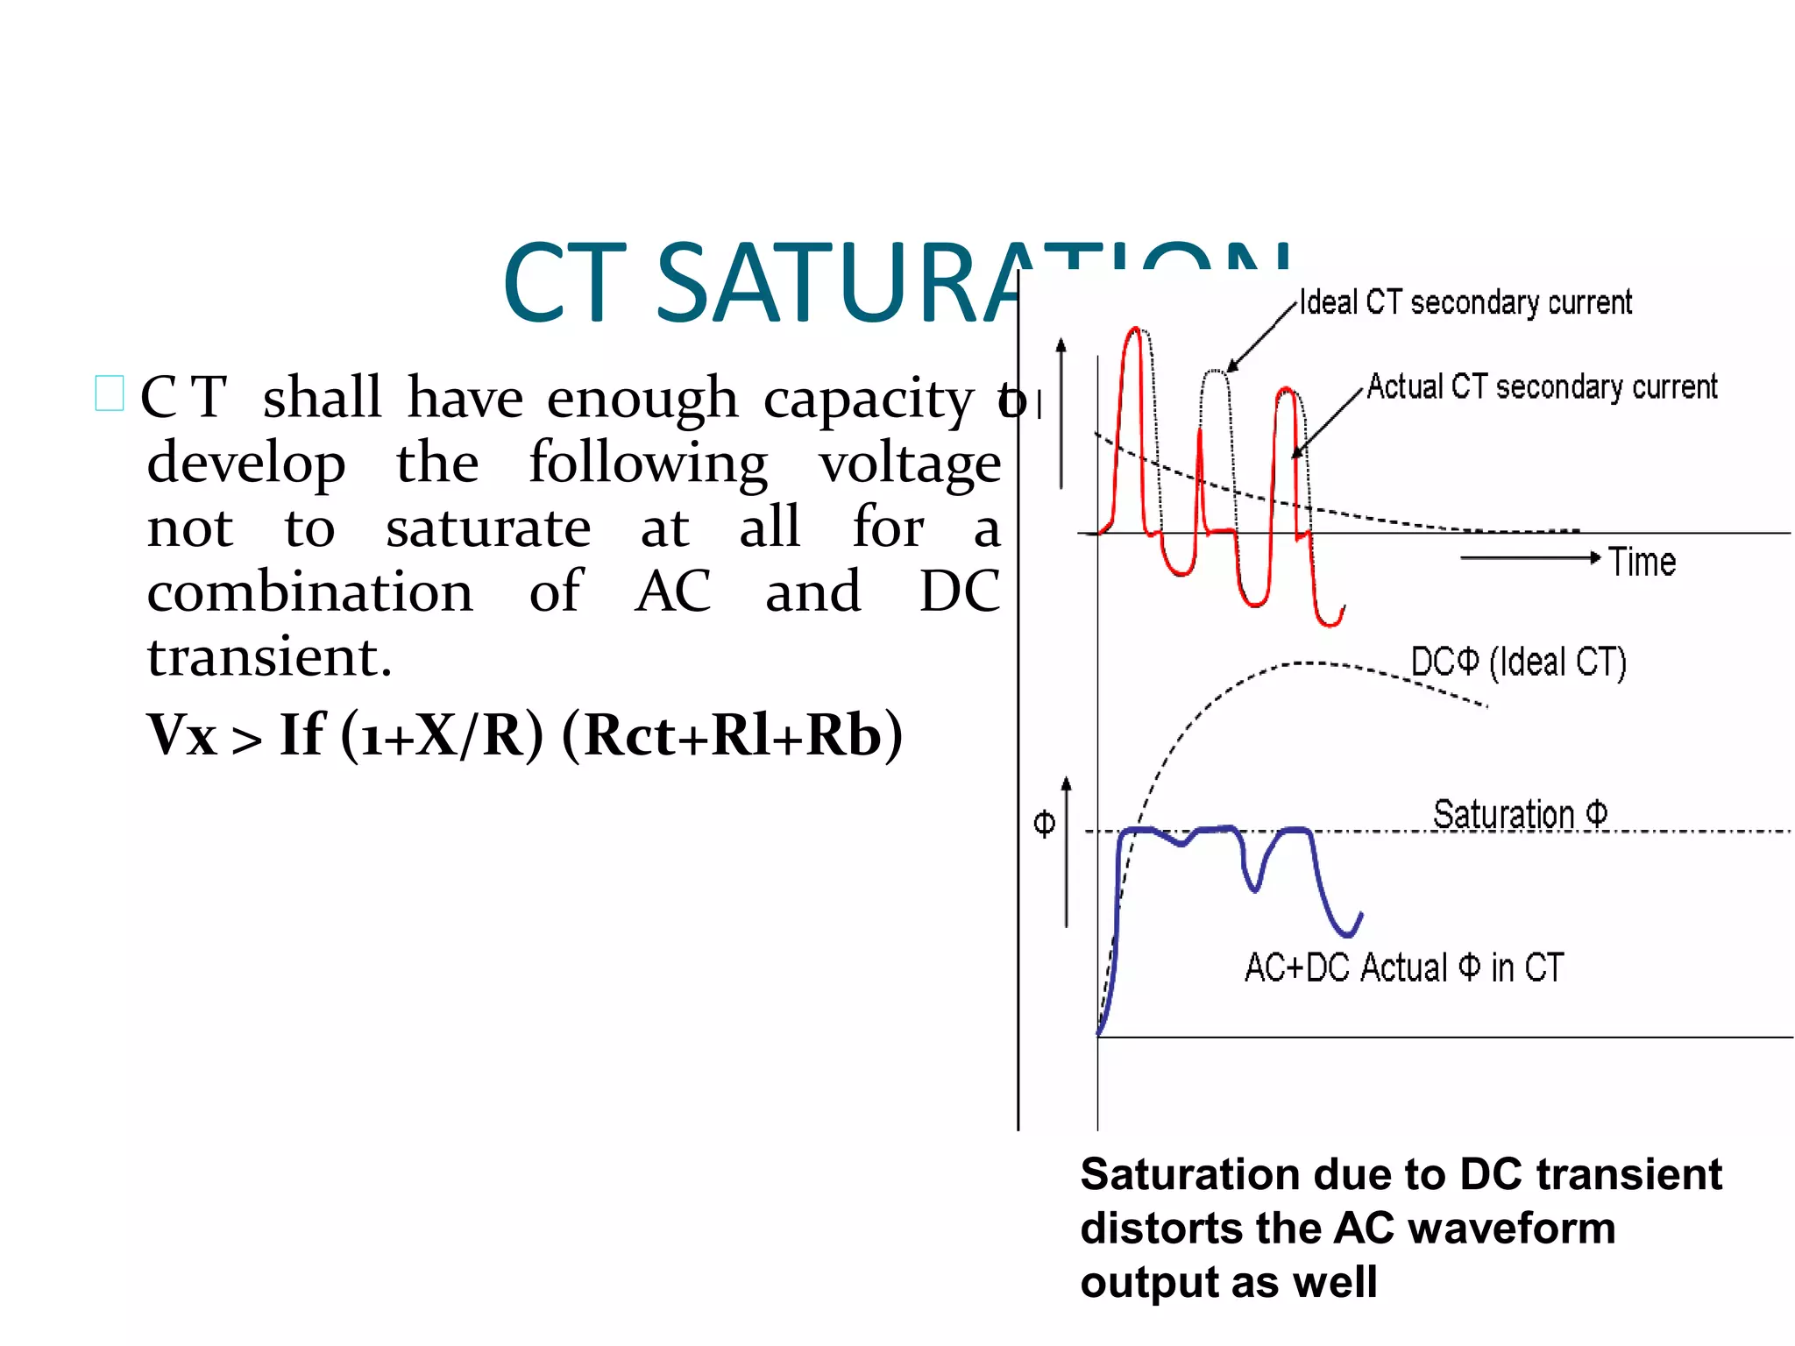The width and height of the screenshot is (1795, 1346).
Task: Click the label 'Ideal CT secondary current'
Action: coord(1465,302)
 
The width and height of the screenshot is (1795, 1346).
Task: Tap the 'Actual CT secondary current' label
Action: coord(1542,386)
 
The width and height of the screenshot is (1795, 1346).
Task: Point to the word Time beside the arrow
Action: coord(1642,562)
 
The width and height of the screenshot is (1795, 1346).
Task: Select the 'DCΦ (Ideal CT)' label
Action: coord(1518,662)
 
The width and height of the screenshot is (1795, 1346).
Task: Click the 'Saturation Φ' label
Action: coord(1520,814)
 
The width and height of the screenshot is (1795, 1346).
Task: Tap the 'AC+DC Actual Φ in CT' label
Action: coord(1404,968)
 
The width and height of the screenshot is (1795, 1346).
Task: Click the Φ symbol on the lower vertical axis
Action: coord(1044,824)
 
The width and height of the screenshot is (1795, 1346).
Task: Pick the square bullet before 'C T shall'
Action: coord(110,393)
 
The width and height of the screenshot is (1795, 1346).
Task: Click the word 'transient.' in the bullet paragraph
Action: coord(269,657)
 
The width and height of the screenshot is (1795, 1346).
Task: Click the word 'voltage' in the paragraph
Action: coord(909,464)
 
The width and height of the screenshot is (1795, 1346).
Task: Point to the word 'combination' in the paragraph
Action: coord(309,592)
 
